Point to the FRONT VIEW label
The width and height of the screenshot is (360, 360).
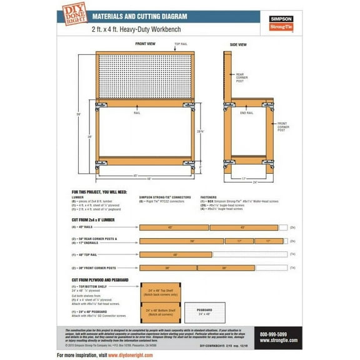tap(146, 44)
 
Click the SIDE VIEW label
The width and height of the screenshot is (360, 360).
tap(237, 44)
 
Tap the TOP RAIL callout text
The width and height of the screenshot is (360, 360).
tap(180, 44)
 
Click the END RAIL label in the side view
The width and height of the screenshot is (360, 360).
tap(247, 113)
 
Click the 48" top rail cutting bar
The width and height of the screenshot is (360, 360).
tap(175, 255)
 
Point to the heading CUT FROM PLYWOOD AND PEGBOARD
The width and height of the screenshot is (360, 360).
tap(100, 279)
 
